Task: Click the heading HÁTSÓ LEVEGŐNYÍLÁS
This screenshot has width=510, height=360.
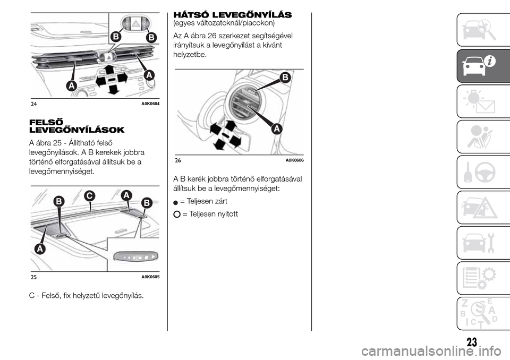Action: point(233,15)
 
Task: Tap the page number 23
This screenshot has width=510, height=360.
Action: point(472,342)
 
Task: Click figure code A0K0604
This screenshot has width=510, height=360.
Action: point(150,104)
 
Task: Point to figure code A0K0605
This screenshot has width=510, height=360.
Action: point(150,277)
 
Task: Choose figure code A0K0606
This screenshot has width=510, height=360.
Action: point(295,160)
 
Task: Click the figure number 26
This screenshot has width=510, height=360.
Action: point(177,160)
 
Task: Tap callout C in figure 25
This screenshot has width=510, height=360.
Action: point(89,196)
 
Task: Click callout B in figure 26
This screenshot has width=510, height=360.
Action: point(285,78)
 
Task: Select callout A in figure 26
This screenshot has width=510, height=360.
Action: point(276,129)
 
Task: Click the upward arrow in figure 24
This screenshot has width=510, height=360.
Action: point(109,70)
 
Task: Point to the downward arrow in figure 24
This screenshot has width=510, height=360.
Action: point(113,89)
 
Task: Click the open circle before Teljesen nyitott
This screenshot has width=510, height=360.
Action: point(177,215)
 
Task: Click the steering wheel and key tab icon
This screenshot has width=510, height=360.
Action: point(479,173)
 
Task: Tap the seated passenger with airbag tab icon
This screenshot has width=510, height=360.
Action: point(479,137)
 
